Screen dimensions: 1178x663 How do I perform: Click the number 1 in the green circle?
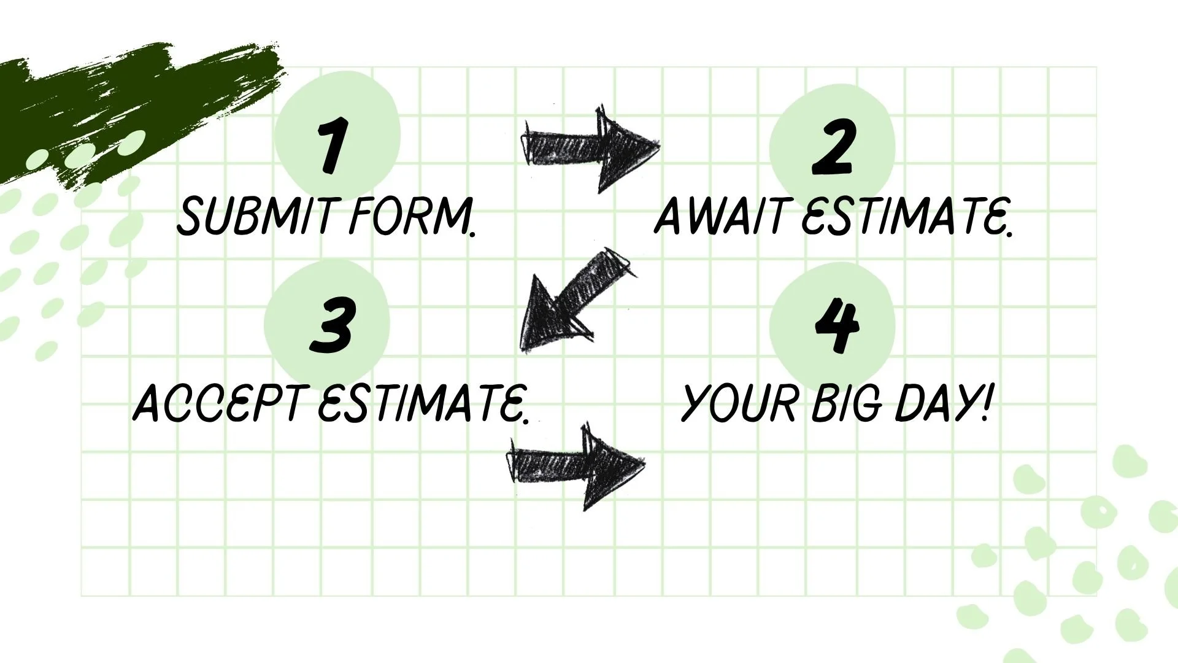(334, 145)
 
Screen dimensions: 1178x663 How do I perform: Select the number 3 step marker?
(332, 325)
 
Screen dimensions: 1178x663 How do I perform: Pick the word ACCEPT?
(217, 405)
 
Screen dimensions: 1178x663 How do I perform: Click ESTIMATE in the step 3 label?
(423, 405)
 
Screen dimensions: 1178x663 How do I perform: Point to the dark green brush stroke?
(123, 104)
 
